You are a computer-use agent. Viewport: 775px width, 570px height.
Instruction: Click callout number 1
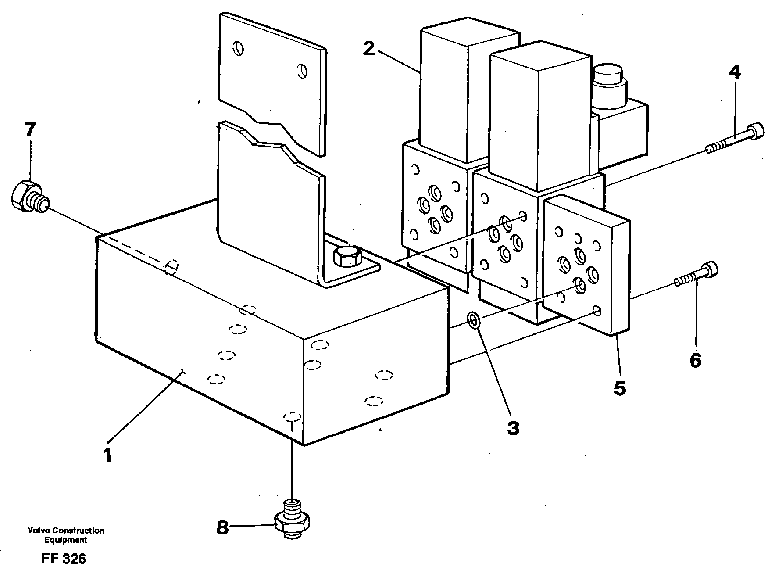[107, 455]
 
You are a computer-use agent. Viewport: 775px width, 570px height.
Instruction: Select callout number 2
[369, 49]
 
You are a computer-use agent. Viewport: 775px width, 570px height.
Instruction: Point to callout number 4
[735, 72]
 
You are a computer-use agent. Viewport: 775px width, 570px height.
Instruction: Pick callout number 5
[619, 388]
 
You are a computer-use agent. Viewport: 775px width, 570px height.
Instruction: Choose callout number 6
[695, 360]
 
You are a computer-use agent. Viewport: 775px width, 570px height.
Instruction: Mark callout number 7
[29, 130]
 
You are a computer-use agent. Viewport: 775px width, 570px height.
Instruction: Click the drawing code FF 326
[63, 559]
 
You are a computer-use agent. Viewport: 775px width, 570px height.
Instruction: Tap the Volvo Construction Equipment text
[65, 535]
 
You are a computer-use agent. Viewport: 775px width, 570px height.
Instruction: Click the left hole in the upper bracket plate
[238, 48]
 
